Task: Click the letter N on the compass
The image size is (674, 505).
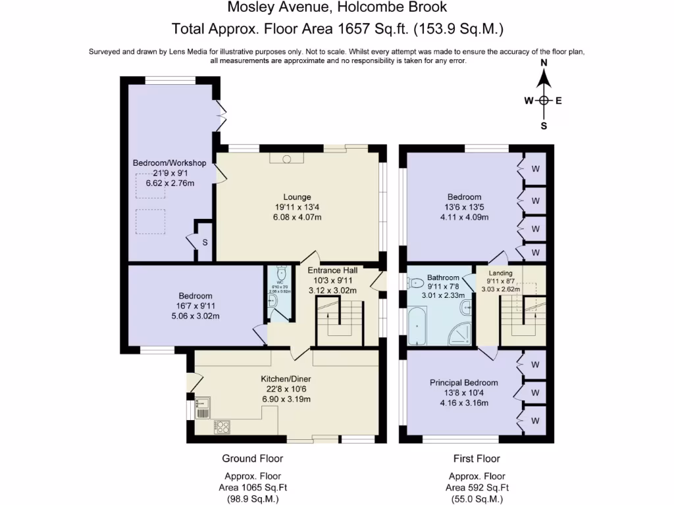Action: click(x=544, y=63)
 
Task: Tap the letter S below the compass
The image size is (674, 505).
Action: click(x=544, y=126)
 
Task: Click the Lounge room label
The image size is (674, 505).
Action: click(x=297, y=197)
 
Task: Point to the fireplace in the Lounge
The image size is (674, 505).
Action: click(x=286, y=158)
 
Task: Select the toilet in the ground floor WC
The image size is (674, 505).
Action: click(x=281, y=273)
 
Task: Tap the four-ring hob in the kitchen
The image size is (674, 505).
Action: click(x=222, y=427)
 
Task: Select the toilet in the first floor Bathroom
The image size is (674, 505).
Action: click(x=416, y=283)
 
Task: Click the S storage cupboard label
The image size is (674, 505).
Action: click(x=205, y=243)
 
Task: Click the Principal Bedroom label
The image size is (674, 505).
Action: click(x=463, y=383)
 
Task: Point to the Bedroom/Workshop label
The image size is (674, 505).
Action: click(x=170, y=163)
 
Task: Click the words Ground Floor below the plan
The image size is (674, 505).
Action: click(x=252, y=458)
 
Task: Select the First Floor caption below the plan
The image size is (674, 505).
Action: click(x=477, y=458)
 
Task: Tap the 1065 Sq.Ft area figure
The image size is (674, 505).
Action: click(x=253, y=487)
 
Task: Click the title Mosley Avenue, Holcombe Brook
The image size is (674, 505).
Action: click(x=337, y=8)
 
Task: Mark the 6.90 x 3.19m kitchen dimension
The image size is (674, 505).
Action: click(x=286, y=398)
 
